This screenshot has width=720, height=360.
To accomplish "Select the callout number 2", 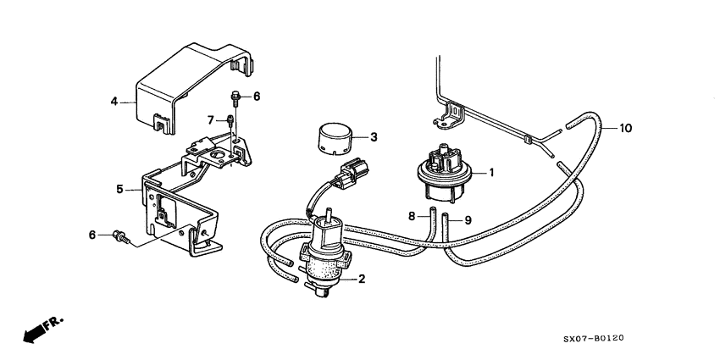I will [x=362, y=279].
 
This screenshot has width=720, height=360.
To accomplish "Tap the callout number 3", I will [x=374, y=136].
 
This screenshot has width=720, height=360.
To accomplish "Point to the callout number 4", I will [x=114, y=102].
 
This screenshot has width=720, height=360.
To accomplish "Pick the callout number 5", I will [x=119, y=189].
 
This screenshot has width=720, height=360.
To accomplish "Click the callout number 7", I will [x=211, y=119].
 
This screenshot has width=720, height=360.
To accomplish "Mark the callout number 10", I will [x=625, y=129].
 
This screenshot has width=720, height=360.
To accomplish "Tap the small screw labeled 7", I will [x=230, y=123].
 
